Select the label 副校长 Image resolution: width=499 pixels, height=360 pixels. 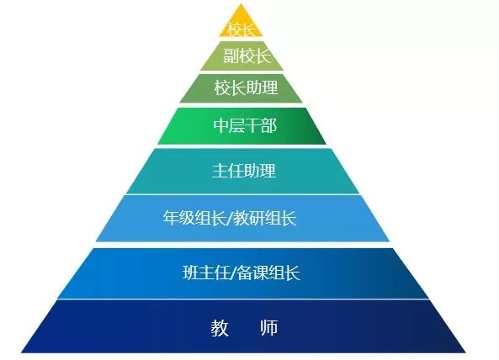coord(247,56)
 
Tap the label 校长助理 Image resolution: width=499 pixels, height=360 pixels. coord(246,87)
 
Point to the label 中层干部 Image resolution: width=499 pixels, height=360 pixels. coord(245,125)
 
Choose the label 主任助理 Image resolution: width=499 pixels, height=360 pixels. coord(244,170)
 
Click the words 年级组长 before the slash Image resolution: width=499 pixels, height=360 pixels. coord(194,218)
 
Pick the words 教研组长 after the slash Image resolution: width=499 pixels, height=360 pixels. coord(265,218)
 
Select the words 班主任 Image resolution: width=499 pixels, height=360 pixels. coord(206,273)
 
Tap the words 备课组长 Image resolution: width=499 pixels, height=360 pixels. coord(268,273)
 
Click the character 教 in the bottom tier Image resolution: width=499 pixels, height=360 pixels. coord(220,328)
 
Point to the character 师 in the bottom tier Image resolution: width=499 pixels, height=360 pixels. coord(269,328)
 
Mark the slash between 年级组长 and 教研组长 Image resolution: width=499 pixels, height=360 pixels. coord(230,218)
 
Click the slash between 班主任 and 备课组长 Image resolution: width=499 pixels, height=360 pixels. coord(234,273)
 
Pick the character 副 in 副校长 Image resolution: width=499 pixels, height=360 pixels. coord(231,56)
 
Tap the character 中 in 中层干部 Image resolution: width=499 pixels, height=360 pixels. coord(221,125)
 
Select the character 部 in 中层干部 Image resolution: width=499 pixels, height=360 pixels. coord(269,125)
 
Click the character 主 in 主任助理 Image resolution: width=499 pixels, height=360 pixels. coord(220,170)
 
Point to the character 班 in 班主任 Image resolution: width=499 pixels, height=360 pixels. coord(191,273)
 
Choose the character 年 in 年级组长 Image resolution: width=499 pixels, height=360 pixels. coord(171,218)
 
